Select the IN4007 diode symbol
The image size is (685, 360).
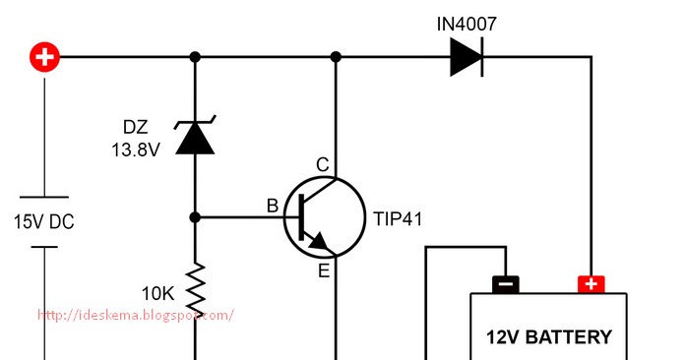click(467, 57)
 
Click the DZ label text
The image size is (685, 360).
click(137, 128)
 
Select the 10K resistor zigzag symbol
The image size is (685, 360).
click(195, 284)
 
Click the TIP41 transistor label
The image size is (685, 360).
click(397, 218)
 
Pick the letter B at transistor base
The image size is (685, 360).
click(273, 206)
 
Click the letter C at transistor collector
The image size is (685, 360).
click(321, 163)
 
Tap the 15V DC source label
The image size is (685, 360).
click(43, 222)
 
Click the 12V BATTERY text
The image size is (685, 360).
click(549, 337)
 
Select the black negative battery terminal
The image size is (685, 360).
click(505, 284)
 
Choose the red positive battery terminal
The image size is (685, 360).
click(591, 284)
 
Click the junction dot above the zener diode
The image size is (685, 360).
click(195, 57)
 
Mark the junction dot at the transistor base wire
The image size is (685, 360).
click(195, 217)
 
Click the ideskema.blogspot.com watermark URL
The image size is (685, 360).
click(136, 315)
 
